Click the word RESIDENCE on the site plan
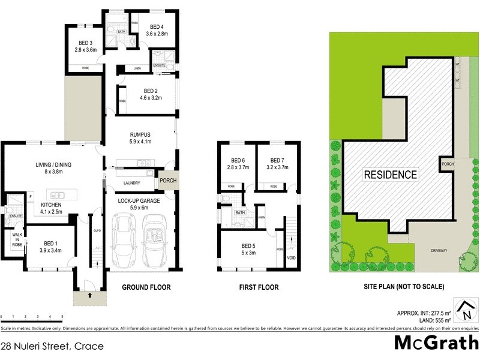point(391,175)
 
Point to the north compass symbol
point(464,309)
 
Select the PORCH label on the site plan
point(446,164)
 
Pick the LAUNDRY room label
point(131,182)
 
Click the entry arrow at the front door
point(89,295)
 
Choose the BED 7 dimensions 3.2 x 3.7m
point(277,167)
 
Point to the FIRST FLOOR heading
point(259,287)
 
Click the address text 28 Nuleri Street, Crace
point(52,346)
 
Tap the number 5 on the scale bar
point(62,316)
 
